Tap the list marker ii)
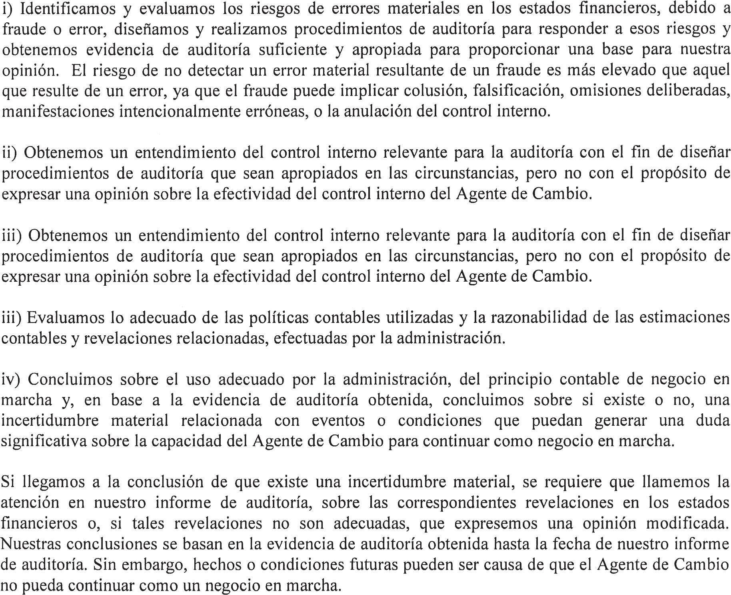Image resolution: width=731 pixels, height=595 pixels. [x=11, y=153]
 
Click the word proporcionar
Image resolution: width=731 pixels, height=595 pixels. [x=509, y=50]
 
